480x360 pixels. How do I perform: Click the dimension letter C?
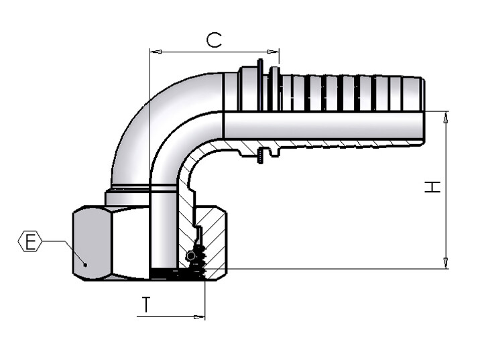click(214, 40)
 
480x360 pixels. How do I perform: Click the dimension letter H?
click(432, 187)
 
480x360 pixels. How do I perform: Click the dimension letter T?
click(147, 304)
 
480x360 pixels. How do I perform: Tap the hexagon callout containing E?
click(29, 241)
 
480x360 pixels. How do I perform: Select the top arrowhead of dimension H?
click(446, 117)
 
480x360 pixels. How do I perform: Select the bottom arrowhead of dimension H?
click(446, 263)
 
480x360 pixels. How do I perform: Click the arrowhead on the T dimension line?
click(199, 317)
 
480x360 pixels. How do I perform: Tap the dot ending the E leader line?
click(85, 265)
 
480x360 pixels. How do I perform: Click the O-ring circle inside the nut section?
click(190, 255)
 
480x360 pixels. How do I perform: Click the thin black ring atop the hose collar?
click(260, 84)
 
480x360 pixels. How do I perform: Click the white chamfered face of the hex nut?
click(131, 243)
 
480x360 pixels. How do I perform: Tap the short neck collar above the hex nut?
click(127, 198)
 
